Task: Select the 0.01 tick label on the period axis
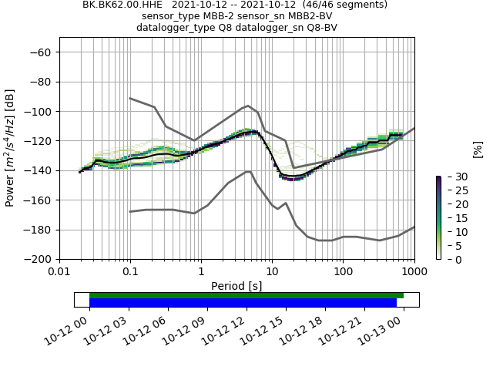[x=59, y=271]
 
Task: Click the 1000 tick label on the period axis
[x=414, y=271]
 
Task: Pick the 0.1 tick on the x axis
[x=130, y=271]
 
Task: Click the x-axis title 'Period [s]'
[x=236, y=286]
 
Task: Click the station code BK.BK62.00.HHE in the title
[x=118, y=5]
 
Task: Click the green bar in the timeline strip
[x=246, y=295]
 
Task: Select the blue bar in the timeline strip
[x=243, y=303]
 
